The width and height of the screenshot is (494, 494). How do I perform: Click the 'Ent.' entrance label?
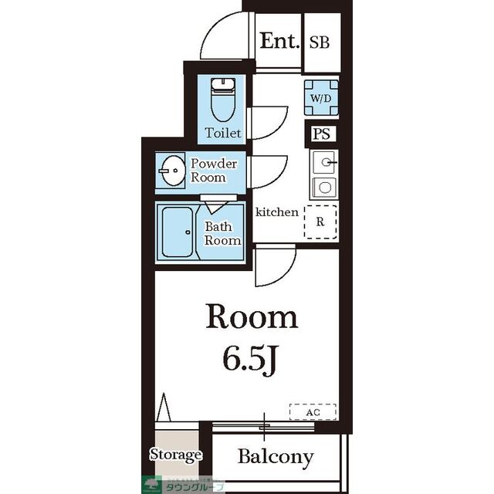pyautogui.click(x=279, y=41)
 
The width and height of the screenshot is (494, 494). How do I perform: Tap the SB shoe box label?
pyautogui.click(x=320, y=42)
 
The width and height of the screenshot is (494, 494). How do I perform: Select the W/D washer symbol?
pyautogui.click(x=321, y=98)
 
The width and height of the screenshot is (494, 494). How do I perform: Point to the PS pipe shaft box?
pyautogui.click(x=321, y=134)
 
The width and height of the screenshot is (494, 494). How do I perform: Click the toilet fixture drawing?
pyautogui.click(x=223, y=100)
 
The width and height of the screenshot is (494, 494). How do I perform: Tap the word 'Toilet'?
pyautogui.click(x=223, y=133)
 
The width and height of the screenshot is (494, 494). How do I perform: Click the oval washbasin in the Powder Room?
pyautogui.click(x=172, y=171)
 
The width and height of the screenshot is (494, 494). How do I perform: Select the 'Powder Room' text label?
pyautogui.click(x=214, y=171)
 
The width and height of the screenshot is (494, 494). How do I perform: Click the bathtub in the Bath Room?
pyautogui.click(x=177, y=232)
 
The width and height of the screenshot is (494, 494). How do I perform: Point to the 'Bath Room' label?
pyautogui.click(x=222, y=233)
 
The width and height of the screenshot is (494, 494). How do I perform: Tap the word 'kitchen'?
pyautogui.click(x=276, y=212)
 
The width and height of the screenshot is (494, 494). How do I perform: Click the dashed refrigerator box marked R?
pyautogui.click(x=320, y=222)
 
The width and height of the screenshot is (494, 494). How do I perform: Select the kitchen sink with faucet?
pyautogui.click(x=324, y=163)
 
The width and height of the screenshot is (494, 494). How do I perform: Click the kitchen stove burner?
pyautogui.click(x=324, y=188)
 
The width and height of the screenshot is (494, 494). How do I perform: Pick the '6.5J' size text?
pyautogui.click(x=251, y=359)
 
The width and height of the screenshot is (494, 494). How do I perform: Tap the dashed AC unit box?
pyautogui.click(x=313, y=411)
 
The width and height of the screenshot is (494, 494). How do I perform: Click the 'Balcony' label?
pyautogui.click(x=276, y=456)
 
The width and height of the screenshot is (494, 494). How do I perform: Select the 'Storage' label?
pyautogui.click(x=175, y=455)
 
